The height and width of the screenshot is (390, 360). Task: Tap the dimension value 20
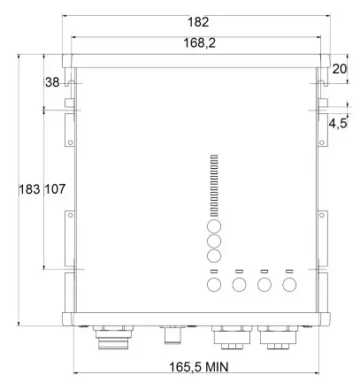coord(340,69)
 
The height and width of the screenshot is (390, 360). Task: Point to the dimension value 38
coord(52,81)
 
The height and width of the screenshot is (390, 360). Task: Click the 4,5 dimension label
coord(337,125)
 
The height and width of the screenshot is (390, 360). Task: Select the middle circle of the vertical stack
coord(213,241)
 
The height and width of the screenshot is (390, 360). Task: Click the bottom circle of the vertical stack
coord(213,256)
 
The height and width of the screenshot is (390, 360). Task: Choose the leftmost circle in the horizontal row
coord(213,285)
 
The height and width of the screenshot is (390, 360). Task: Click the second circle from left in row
coord(239,285)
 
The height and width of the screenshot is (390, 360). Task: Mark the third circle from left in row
coord(264,285)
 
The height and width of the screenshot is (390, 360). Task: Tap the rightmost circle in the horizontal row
coord(288,285)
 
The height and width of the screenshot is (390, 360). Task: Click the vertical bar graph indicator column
coord(213,186)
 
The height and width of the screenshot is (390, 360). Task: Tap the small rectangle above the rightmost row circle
coord(288,270)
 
